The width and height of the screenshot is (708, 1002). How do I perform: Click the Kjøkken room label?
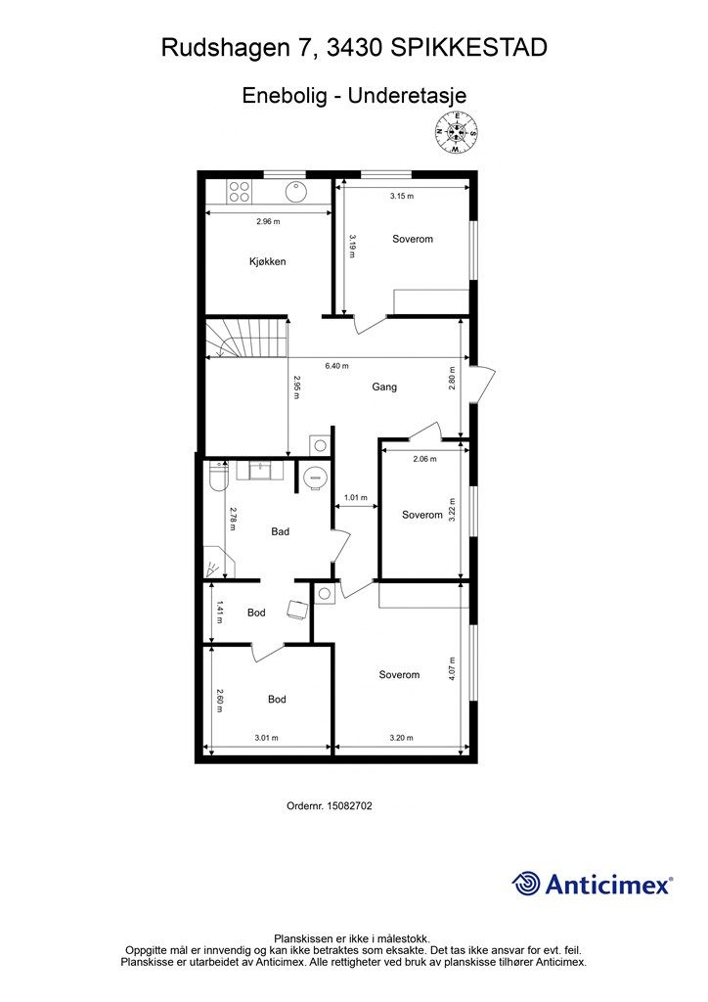pos(268,261)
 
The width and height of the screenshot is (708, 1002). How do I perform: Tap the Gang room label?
pos(384,387)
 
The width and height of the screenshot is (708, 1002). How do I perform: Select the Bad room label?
pos(281,531)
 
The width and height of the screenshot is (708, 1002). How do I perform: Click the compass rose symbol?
pos(456,132)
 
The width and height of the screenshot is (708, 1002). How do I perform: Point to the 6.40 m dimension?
pos(336,366)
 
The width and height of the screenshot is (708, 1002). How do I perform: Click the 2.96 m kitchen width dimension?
pos(268,222)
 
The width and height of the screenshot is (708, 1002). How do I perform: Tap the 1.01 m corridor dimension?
pos(356,497)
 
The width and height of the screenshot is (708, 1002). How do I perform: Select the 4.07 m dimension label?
pos(452,669)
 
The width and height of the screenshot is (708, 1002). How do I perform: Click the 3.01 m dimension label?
pos(266,738)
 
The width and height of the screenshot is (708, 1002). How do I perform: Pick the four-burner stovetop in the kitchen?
pos(240,191)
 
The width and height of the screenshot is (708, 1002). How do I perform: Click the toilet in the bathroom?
pos(218,477)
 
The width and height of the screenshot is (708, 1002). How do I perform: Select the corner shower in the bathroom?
pos(215,562)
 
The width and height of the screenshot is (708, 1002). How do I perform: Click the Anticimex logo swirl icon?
pos(526,884)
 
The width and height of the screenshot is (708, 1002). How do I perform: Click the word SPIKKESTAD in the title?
pos(468,48)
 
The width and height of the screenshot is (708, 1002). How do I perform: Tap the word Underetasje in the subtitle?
pos(408,95)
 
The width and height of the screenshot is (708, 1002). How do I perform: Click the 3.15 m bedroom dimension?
pos(402,196)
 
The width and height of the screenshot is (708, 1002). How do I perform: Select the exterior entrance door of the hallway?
pos(483,385)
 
